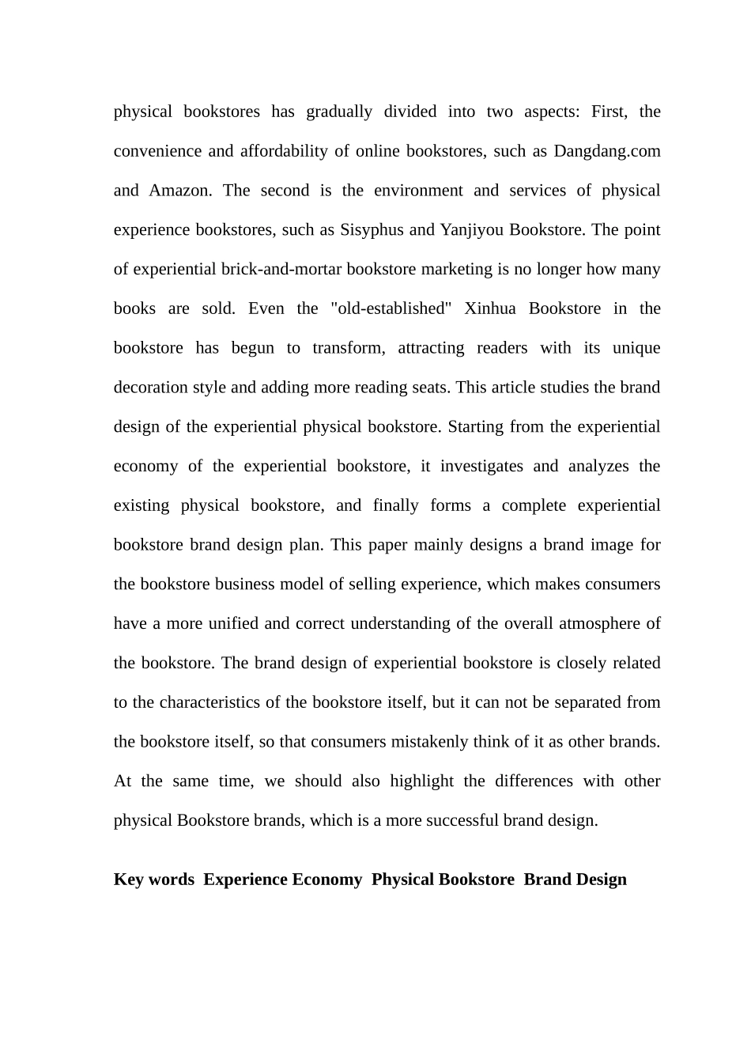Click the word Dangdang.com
[x=607, y=151]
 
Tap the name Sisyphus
[x=372, y=230]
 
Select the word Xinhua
[x=489, y=308]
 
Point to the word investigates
[x=481, y=466]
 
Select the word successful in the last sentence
[x=462, y=820]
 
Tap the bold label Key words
[x=154, y=880]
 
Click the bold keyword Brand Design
[x=575, y=880]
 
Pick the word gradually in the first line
[x=339, y=112]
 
